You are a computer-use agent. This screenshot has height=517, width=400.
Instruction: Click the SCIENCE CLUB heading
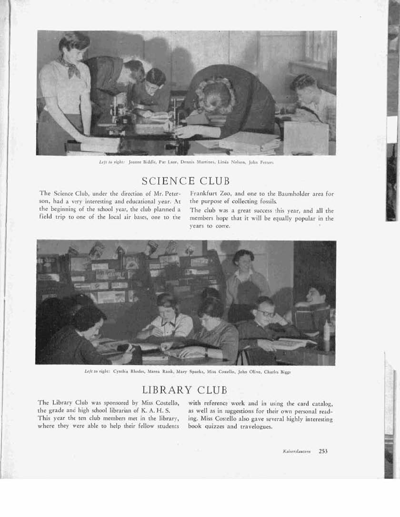tap(186, 181)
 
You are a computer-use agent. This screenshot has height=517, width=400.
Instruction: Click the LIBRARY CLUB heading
tap(185, 390)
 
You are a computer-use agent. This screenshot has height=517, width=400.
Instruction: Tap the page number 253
tap(323, 451)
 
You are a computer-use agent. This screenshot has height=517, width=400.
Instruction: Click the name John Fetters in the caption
tap(261, 162)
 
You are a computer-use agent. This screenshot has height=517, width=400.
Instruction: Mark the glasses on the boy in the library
tap(266, 313)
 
